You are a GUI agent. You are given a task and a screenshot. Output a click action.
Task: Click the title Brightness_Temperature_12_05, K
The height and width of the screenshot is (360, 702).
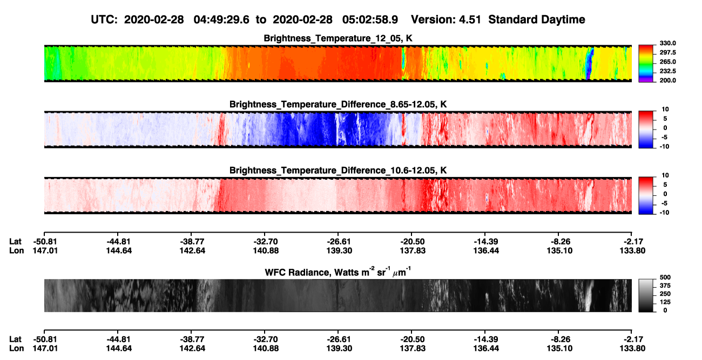tap(338, 38)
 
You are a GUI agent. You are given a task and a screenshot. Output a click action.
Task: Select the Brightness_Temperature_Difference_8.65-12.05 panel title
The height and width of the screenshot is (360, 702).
tap(338, 104)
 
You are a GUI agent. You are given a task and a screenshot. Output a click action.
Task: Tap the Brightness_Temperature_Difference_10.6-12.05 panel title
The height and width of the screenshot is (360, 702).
tap(338, 171)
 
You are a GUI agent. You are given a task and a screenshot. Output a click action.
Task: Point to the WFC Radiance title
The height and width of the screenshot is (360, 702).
tap(338, 272)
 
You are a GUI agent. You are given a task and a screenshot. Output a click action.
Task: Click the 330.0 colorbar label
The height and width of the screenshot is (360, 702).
tap(667, 43)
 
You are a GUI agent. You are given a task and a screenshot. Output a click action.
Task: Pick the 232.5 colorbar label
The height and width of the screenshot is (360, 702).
tap(667, 71)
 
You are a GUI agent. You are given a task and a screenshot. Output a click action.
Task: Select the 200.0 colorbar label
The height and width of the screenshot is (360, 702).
tap(667, 80)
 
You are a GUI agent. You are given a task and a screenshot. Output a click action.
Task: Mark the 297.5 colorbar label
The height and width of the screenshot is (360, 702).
tap(667, 52)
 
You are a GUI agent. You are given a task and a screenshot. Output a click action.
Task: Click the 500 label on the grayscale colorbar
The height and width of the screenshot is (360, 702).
tap(665, 277)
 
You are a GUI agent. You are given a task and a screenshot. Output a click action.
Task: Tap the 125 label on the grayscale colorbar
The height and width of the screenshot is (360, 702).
tap(665, 302)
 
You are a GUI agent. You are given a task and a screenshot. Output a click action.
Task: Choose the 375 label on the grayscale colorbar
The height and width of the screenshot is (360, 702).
tap(665, 286)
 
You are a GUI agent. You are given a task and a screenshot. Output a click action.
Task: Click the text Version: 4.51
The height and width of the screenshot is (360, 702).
tap(446, 19)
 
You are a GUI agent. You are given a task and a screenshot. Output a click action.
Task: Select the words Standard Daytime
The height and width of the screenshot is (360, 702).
tap(537, 19)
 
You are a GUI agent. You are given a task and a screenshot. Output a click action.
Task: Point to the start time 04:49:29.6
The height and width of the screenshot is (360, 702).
tap(221, 19)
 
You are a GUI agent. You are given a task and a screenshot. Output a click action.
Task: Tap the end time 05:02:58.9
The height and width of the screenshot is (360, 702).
tap(370, 19)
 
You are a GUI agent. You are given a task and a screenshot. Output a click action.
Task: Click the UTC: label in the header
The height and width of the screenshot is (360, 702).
tap(104, 19)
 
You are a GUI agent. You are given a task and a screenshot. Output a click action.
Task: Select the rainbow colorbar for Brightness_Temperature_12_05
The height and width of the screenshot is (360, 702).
tap(646, 64)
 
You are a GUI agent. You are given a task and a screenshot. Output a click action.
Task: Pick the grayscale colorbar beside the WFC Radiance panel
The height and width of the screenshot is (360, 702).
tap(646, 295)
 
